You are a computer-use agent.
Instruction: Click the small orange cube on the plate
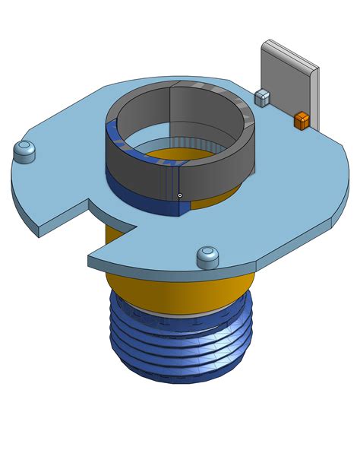302,120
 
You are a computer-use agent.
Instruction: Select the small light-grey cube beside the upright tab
262,97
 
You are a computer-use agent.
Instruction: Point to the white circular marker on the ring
180,195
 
